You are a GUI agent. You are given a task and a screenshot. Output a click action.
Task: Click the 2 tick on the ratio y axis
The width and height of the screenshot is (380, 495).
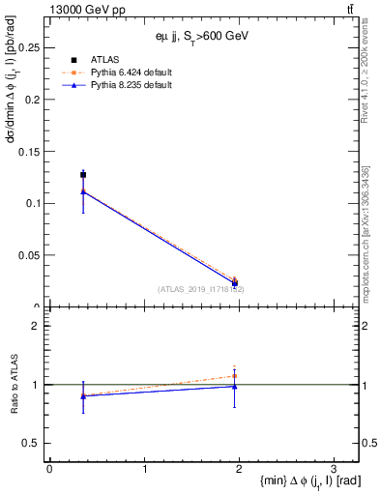(37, 326)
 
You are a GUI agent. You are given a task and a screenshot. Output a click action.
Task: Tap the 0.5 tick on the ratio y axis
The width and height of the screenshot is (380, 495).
(33, 443)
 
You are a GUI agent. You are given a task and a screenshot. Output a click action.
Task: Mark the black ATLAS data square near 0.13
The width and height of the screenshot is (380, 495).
(83, 175)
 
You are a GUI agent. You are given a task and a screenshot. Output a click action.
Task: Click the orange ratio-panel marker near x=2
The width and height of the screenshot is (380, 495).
(235, 376)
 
